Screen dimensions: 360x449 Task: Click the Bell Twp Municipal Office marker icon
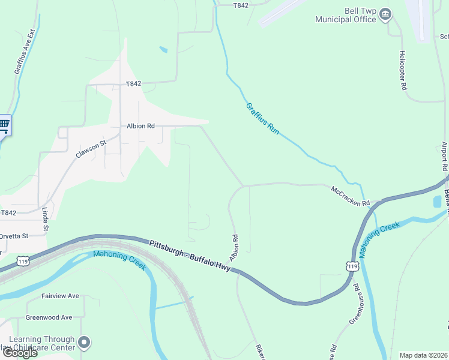click(386, 14)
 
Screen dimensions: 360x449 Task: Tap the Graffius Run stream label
click(263, 118)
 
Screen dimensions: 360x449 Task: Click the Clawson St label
click(90, 149)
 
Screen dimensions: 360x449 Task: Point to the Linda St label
click(46, 220)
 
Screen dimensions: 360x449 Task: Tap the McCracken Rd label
click(351, 196)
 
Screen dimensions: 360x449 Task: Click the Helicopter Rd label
click(403, 70)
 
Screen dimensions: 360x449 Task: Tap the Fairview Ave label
click(60, 296)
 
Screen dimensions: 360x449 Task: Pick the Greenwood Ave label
click(49, 317)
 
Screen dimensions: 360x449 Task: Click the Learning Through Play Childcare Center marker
click(84, 343)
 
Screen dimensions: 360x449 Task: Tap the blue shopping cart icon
click(4, 126)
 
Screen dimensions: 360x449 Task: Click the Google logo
click(20, 353)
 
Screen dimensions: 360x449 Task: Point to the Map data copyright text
click(424, 355)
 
